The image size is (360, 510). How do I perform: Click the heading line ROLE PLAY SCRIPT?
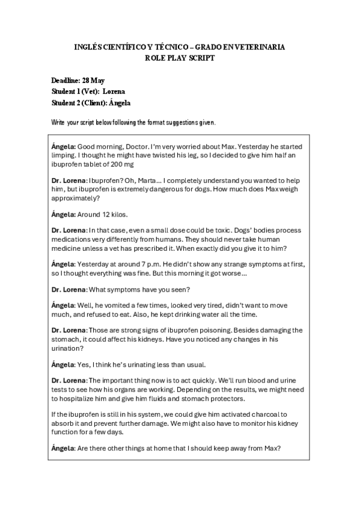click(x=180, y=58)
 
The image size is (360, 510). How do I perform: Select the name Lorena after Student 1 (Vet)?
click(x=114, y=91)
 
